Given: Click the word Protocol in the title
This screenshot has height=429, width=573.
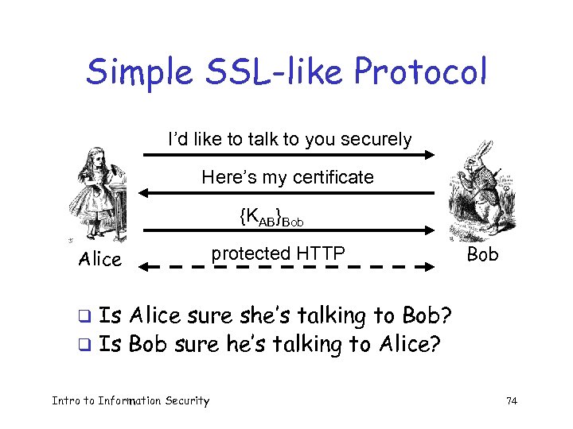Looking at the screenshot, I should click(420, 72).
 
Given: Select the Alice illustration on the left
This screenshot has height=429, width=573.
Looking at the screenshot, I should click(100, 195).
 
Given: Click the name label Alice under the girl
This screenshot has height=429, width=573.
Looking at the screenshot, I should click(100, 259).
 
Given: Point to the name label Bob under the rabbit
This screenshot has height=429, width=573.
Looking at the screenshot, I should click(482, 254).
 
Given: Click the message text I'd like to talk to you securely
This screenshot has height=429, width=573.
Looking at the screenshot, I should click(290, 140).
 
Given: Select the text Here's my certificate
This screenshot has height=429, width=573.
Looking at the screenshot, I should click(287, 176).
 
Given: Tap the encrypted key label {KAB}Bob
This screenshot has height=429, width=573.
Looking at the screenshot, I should click(271, 215).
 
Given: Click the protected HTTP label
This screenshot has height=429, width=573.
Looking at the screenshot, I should click(278, 253).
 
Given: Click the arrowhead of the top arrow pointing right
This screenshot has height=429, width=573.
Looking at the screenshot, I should click(428, 156).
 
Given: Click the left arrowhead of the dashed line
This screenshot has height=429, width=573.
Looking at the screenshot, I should click(144, 269).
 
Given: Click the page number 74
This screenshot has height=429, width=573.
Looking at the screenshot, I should click(512, 401).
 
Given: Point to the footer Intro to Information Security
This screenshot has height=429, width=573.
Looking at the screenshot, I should click(131, 401).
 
